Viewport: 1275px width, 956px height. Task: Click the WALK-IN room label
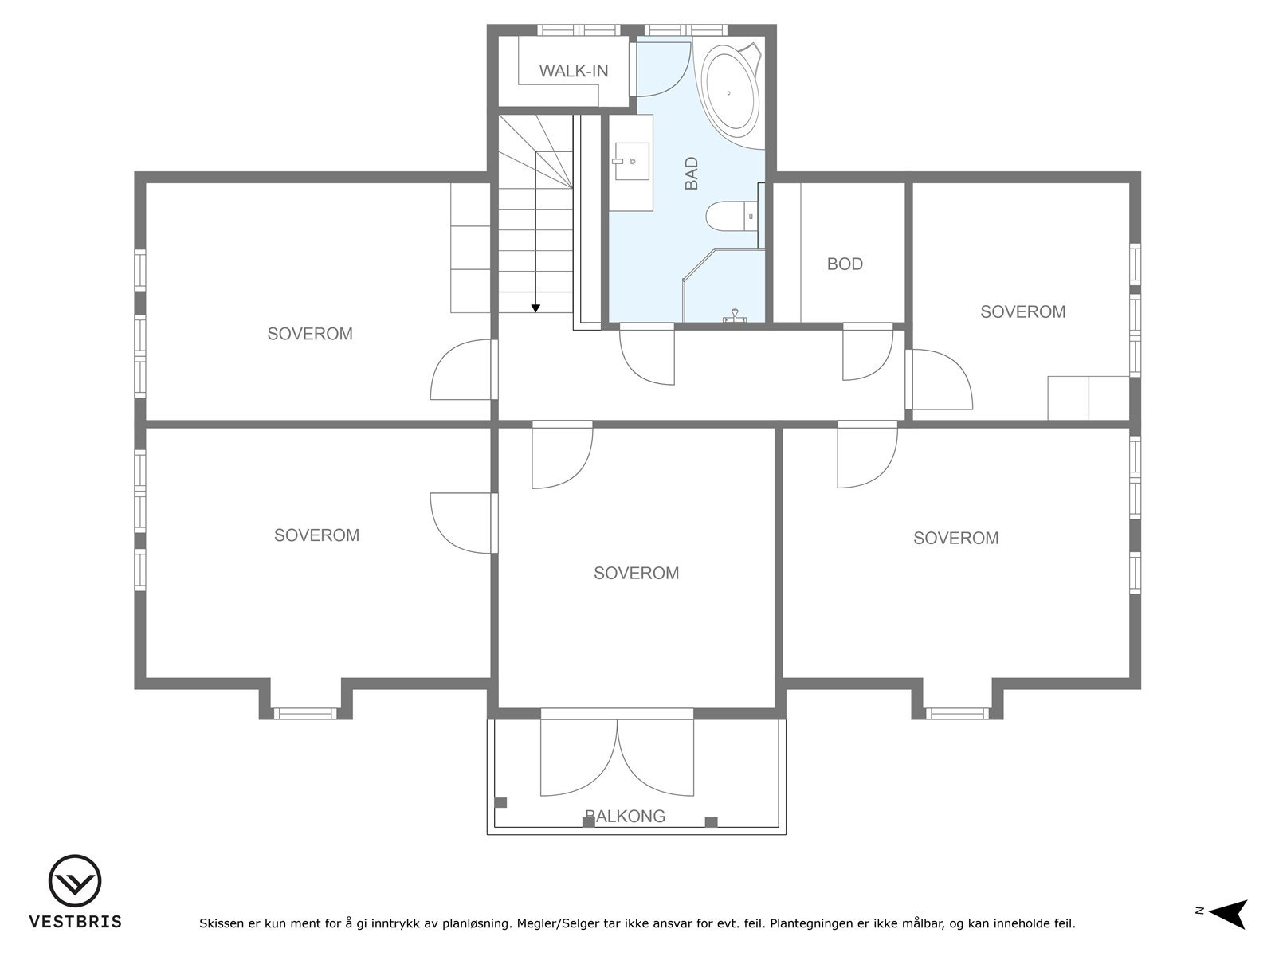point(573,71)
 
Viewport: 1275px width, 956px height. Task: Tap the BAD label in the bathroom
point(692,173)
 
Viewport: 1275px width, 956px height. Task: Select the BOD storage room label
point(845,264)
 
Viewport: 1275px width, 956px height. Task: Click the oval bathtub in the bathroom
point(731,92)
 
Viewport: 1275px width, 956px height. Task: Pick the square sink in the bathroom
point(631,162)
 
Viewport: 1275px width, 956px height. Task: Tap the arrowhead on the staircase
point(535,308)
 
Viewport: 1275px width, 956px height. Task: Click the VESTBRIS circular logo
point(75,881)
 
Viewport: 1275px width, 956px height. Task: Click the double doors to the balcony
point(618,757)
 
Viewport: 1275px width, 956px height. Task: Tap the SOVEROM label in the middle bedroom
point(636,573)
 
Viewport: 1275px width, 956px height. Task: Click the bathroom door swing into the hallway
point(646,355)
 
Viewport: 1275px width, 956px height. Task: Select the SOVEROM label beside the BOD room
point(1022,312)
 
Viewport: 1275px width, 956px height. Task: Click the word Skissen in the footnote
point(222,924)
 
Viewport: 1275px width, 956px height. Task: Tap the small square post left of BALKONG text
point(588,822)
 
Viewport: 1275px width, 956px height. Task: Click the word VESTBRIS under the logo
point(75,922)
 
